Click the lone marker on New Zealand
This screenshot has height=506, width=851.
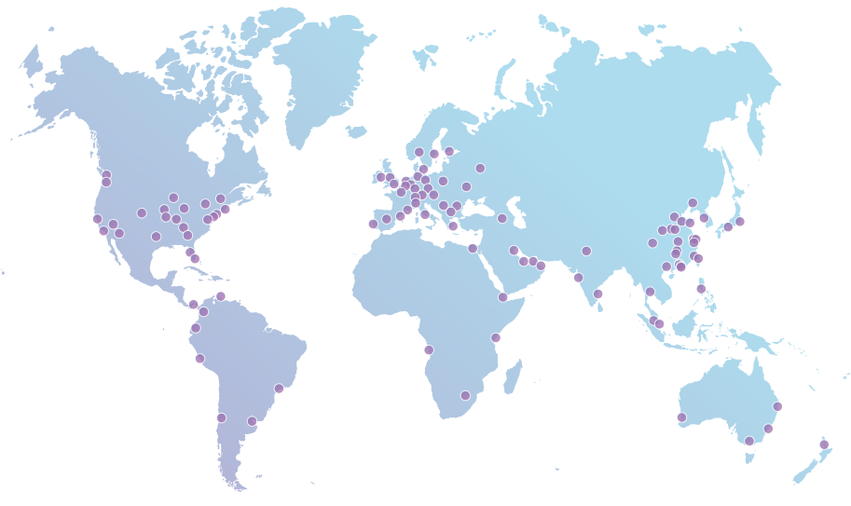[x=823, y=444]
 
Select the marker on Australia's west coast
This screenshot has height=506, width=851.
[x=681, y=417]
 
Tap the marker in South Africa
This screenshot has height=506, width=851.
[x=465, y=395]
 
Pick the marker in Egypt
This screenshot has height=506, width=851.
[x=473, y=248]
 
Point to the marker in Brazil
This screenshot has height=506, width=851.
[x=279, y=388]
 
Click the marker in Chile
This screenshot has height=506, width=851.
[x=221, y=417]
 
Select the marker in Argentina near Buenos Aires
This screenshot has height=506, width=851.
[x=252, y=421]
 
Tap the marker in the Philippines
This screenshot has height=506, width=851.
[x=701, y=289]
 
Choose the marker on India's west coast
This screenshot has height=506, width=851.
[x=578, y=277]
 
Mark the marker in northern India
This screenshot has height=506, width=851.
[x=586, y=251]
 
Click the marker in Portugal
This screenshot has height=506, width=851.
[x=373, y=224]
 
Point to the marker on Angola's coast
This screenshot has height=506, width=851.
[x=429, y=349]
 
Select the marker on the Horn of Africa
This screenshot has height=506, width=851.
[x=502, y=297]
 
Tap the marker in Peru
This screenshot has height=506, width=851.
[x=199, y=358]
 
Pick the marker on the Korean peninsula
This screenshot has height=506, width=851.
[x=704, y=218]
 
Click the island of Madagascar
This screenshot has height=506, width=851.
[x=512, y=376]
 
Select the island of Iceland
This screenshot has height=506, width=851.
[x=356, y=132]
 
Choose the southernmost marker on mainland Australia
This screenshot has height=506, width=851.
[x=749, y=441]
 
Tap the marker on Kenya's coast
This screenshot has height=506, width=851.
[x=495, y=337]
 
